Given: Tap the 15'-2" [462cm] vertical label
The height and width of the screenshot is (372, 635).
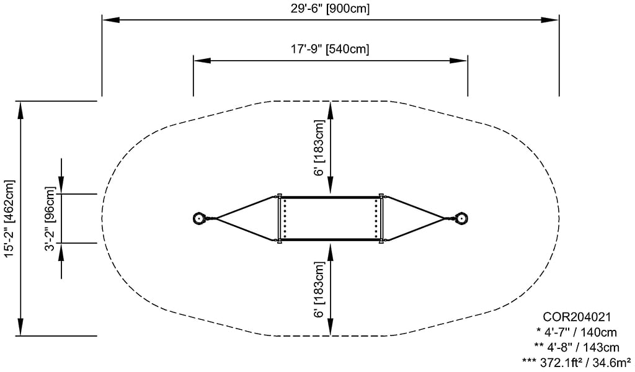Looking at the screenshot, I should point(9,218).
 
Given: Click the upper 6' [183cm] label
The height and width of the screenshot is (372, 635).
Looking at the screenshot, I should point(319,148).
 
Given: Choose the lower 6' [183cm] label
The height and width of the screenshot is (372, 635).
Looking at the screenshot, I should point(319,290).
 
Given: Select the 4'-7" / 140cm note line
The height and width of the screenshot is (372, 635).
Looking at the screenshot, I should point(576,332).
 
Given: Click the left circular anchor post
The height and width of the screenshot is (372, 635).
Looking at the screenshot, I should point(199,218).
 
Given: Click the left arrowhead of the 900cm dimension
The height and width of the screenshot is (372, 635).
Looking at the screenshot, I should point(108,20).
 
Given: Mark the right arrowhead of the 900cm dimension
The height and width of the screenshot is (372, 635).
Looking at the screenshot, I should point(553,20).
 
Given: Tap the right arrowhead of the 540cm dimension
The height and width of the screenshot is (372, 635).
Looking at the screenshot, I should point(462,60).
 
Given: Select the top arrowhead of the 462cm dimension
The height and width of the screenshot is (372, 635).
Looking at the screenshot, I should point(21,107).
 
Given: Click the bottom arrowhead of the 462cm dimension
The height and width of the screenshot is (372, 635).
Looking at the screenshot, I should point(21,329).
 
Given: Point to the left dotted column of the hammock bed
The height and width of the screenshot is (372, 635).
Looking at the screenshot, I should point(285,218).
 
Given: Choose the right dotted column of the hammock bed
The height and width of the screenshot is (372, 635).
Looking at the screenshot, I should point(376,218).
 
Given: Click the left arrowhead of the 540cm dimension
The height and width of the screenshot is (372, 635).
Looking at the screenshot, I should point(199,60).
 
